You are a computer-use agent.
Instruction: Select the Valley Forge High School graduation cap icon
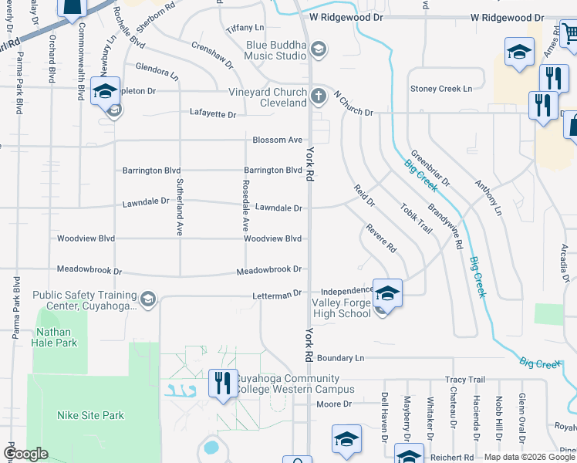coord(387,293)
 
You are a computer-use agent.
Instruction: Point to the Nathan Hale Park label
coord(56,336)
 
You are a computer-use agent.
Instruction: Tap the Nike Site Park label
coord(90,415)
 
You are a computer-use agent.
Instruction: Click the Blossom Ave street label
coord(278,140)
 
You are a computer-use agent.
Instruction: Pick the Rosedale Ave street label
coord(245,206)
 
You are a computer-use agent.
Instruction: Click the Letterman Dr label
coord(275,296)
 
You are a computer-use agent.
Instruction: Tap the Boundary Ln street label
coord(340,358)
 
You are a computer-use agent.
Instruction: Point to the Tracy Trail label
coord(465,380)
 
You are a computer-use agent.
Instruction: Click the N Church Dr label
coord(353,103)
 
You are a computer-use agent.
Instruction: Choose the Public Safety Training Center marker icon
coord(149,298)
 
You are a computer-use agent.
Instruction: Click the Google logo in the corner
coord(25,454)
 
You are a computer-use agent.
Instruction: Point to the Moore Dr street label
coord(334,404)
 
